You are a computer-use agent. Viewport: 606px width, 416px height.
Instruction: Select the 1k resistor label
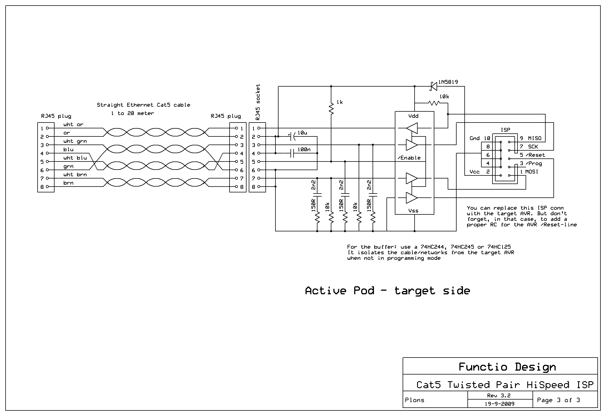[339, 102]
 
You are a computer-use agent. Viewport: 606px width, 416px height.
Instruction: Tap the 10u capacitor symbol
[292, 136]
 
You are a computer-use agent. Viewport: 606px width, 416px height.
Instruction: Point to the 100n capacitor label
[304, 150]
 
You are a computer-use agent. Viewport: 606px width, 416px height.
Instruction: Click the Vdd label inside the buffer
[413, 116]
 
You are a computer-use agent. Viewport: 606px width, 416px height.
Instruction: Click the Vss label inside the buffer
[413, 211]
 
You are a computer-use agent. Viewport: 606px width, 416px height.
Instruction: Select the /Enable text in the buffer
[409, 158]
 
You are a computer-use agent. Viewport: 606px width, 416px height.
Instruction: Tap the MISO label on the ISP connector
[534, 138]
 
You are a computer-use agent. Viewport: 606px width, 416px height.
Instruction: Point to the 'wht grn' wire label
[75, 141]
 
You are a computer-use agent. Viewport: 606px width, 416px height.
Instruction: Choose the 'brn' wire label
[68, 183]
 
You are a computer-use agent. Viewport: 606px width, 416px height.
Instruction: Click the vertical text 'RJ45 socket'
[258, 102]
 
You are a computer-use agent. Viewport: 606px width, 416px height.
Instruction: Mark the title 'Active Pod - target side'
[387, 291]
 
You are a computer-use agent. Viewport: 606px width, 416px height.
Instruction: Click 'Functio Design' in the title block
[507, 367]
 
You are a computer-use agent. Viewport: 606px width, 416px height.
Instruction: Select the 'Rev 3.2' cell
[499, 395]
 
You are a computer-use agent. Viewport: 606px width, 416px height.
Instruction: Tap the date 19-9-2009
[499, 404]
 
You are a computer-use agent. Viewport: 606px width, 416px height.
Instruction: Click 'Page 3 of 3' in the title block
[558, 400]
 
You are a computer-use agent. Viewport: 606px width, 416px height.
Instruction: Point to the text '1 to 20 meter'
[132, 113]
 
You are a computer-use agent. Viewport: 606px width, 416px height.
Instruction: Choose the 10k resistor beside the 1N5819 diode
[434, 103]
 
